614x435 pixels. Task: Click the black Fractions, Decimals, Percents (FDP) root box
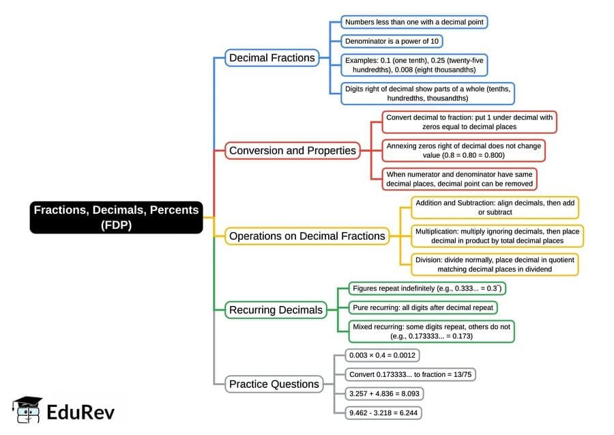[x=117, y=217]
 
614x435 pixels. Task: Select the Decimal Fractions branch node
[x=272, y=58]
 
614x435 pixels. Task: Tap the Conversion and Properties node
[x=293, y=150]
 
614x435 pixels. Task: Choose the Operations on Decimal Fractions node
[x=307, y=236]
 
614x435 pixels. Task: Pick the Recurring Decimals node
[x=276, y=310]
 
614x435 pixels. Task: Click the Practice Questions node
[x=274, y=384]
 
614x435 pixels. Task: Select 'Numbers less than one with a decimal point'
[x=414, y=22]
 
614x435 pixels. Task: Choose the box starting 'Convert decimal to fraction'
[x=469, y=122]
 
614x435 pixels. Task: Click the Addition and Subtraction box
[x=495, y=208]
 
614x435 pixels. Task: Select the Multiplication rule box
[x=497, y=236]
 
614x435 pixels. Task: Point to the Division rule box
[x=495, y=264]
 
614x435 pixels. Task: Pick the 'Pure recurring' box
[x=422, y=307]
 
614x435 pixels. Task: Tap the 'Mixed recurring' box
[x=430, y=331]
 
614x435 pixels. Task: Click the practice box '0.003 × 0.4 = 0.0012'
[x=382, y=356]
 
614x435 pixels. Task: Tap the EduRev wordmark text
[x=81, y=412]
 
